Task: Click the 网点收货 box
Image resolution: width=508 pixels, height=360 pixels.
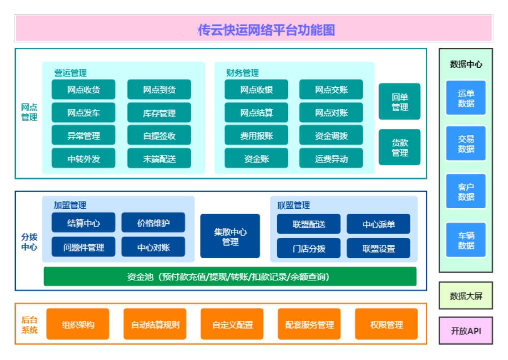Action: [x=83, y=89]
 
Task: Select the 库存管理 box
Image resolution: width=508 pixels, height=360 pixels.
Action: [x=159, y=113]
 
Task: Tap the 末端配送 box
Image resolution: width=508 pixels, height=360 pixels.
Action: [x=159, y=158]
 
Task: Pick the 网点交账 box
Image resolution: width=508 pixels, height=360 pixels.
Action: [x=331, y=89]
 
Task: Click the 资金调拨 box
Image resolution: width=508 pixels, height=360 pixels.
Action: [x=331, y=135]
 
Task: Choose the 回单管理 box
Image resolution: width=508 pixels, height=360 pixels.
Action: [x=400, y=101]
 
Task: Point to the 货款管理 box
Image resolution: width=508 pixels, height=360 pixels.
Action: [x=400, y=147]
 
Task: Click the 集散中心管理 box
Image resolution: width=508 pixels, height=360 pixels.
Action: [x=230, y=236]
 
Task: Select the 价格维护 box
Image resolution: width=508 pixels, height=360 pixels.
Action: [x=153, y=223]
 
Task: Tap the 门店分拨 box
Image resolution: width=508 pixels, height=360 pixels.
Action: [x=309, y=248]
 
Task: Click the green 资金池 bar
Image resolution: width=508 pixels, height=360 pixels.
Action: [x=230, y=276]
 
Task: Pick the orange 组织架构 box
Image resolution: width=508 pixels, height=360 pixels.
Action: [x=78, y=324]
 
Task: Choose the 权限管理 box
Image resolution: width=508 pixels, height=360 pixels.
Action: [x=386, y=324]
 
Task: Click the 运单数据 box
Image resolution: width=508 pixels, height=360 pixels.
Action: [x=466, y=98]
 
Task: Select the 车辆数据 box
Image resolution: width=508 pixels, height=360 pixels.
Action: [x=466, y=240]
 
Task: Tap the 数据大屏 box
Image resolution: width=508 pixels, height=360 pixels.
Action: [x=466, y=296]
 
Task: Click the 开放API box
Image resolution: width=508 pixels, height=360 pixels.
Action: [x=466, y=331]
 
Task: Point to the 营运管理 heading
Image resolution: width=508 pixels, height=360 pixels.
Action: [x=71, y=73]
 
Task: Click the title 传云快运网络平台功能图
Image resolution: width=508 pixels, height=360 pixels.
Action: [x=266, y=30]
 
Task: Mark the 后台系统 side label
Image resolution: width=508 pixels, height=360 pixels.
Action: [x=29, y=325]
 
